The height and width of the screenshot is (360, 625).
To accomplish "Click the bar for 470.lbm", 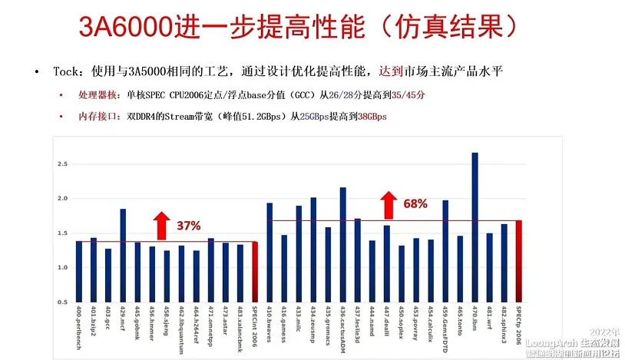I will pyautogui.click(x=475, y=227).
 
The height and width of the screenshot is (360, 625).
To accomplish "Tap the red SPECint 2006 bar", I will pyautogui.click(x=255, y=272).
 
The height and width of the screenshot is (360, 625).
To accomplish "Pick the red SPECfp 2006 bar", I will pyautogui.click(x=518, y=261).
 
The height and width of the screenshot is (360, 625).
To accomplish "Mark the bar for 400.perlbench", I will pyautogui.click(x=79, y=272).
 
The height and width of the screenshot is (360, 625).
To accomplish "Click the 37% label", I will pyautogui.click(x=188, y=226).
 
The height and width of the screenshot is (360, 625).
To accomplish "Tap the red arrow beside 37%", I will pyautogui.click(x=160, y=225).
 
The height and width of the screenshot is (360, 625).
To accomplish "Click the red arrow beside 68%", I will pyautogui.click(x=389, y=204).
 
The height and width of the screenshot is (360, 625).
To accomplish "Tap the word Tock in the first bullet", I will pyautogui.click(x=66, y=71).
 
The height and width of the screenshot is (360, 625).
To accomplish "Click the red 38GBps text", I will pyautogui.click(x=372, y=117).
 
